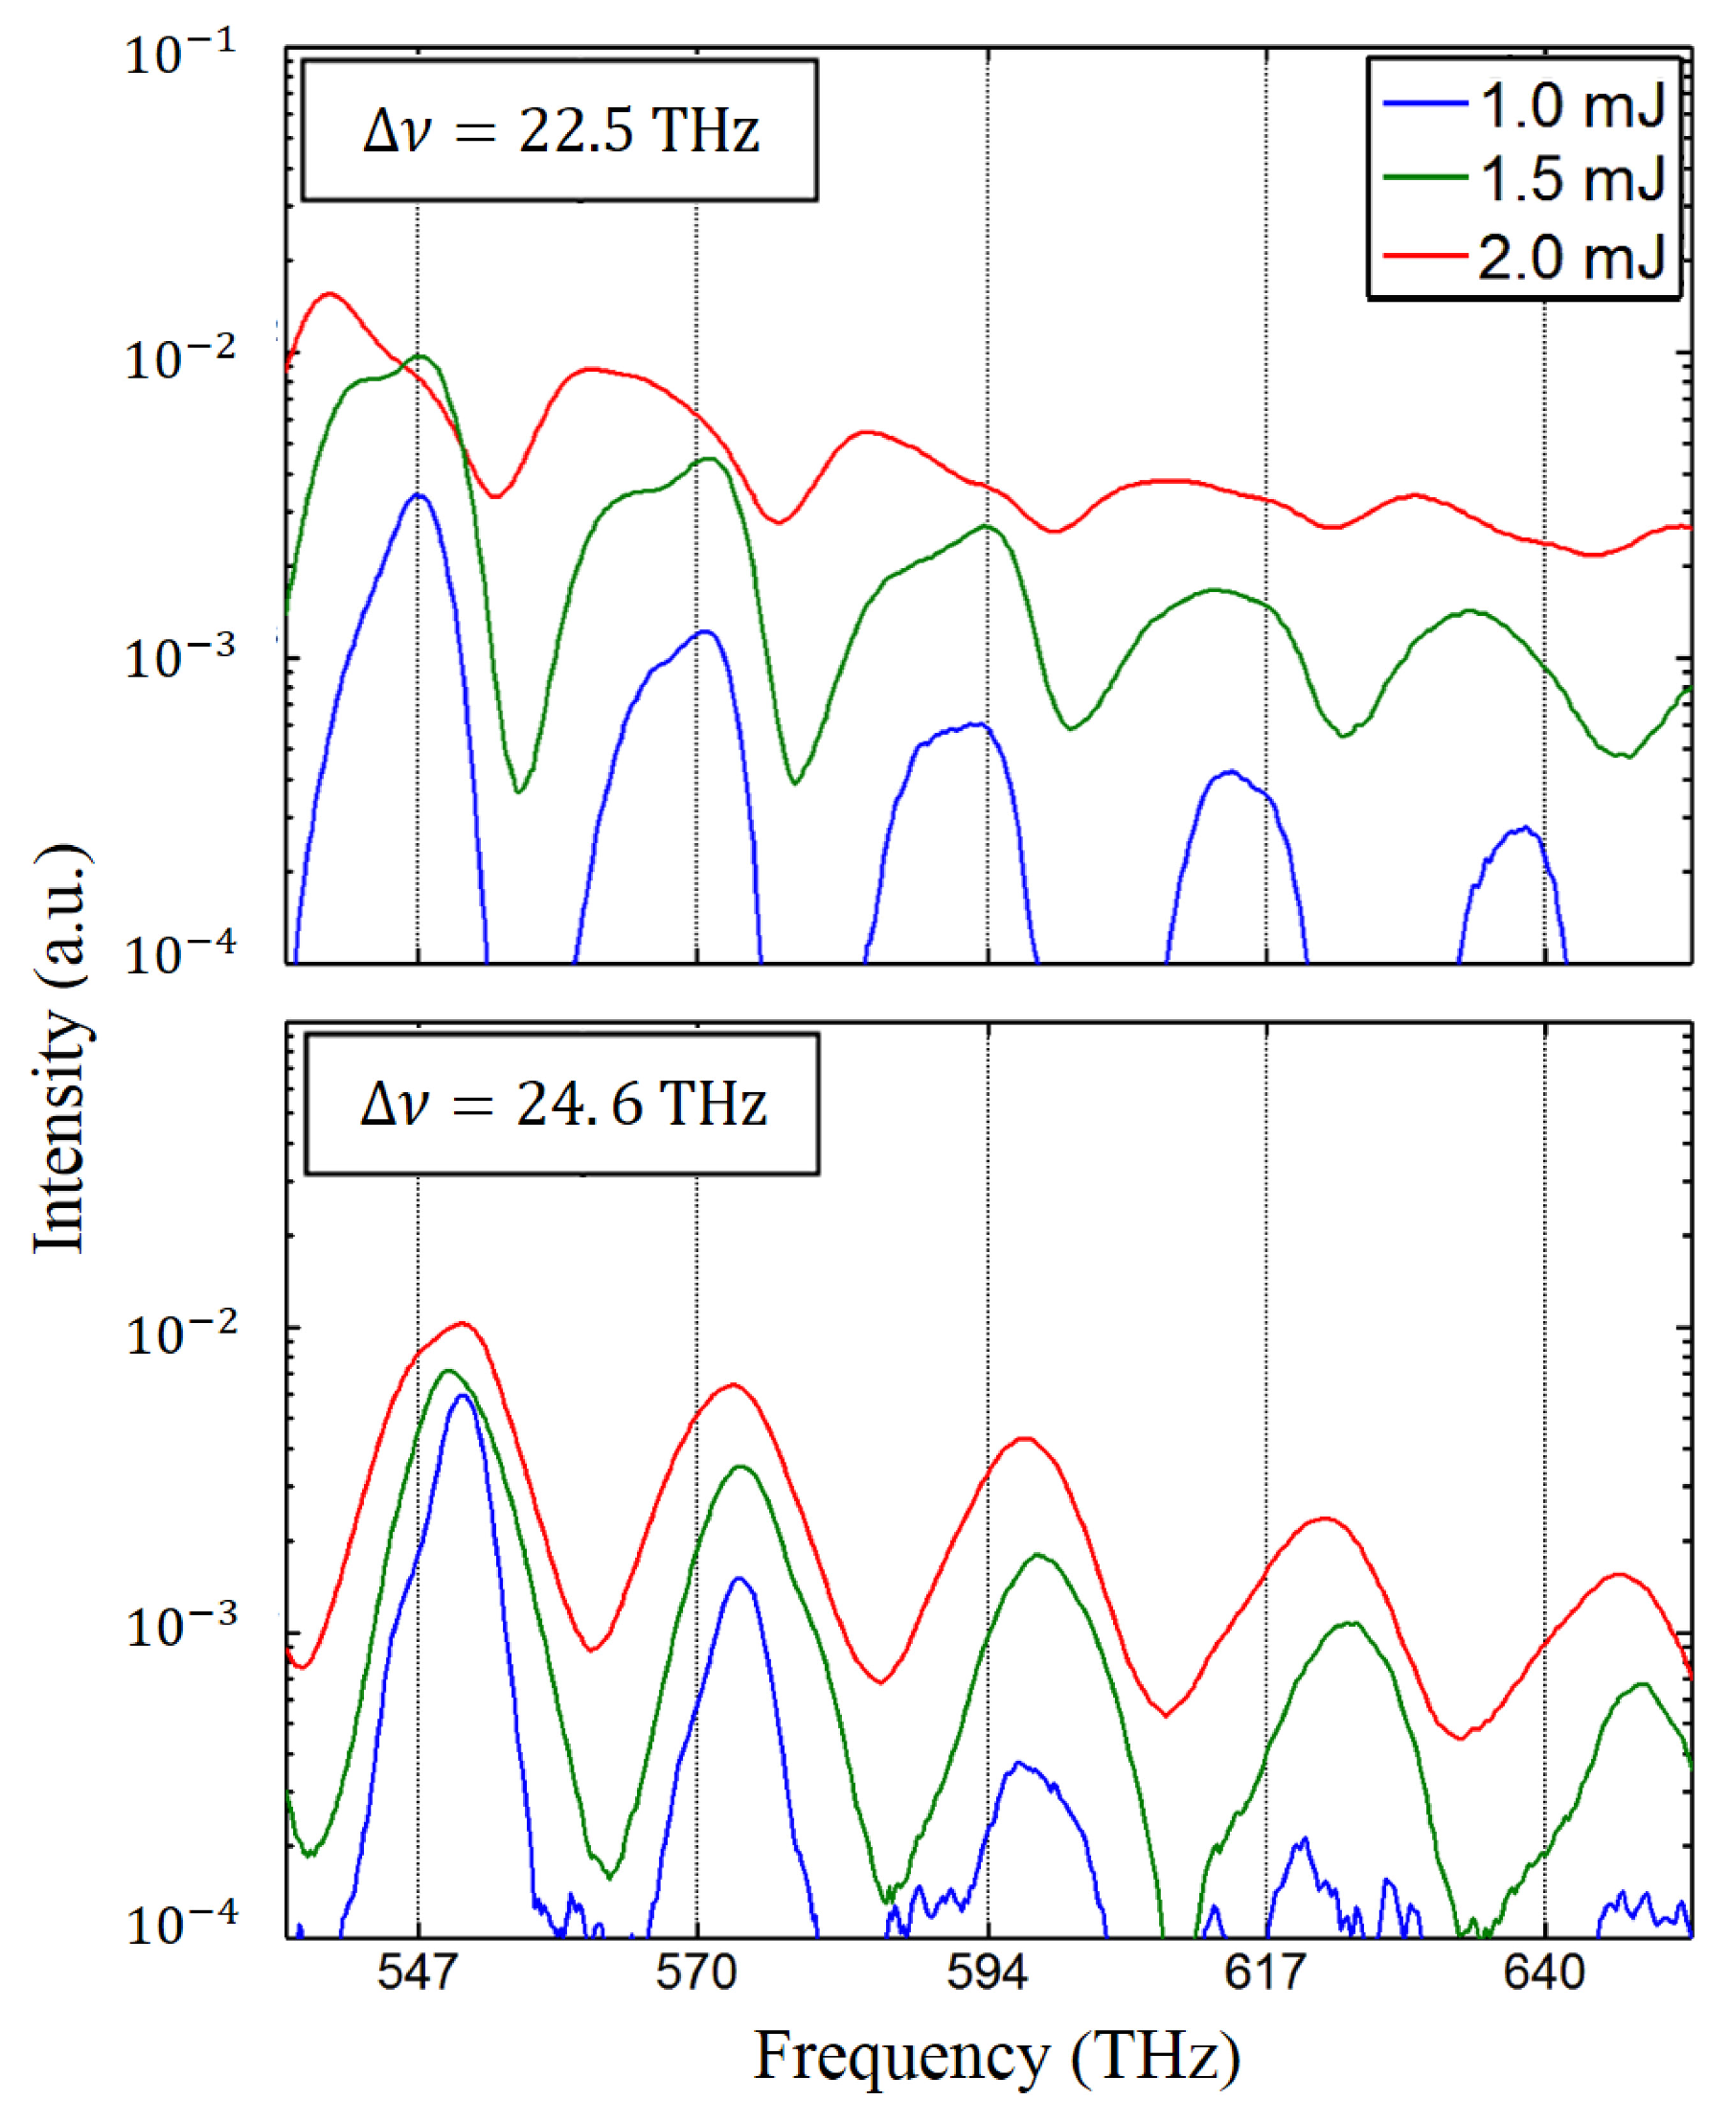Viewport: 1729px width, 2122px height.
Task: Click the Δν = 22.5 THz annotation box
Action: (x=559, y=130)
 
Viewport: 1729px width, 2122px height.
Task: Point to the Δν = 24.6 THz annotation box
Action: (x=561, y=1104)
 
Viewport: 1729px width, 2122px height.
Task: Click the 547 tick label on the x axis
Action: (x=418, y=1972)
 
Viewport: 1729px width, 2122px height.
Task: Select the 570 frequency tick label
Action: (x=695, y=1972)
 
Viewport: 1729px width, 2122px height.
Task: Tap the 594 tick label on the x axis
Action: (x=987, y=1972)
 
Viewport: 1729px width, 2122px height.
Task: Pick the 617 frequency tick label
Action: (x=1264, y=1972)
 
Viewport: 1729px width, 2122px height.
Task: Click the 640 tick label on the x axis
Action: (x=1544, y=1972)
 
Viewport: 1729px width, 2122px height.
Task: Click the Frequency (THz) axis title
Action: (x=997, y=2055)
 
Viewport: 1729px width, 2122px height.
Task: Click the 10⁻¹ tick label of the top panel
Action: (x=180, y=54)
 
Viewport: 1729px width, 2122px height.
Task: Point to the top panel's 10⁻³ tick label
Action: (x=180, y=657)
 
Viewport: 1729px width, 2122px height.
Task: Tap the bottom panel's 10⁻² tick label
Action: (x=180, y=1334)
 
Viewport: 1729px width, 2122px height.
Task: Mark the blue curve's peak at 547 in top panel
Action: (x=419, y=495)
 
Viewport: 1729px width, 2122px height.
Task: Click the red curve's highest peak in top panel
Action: (x=330, y=294)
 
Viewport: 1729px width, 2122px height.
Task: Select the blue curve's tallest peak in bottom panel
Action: (x=461, y=1396)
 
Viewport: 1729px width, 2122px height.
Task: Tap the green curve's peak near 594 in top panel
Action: (x=986, y=526)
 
